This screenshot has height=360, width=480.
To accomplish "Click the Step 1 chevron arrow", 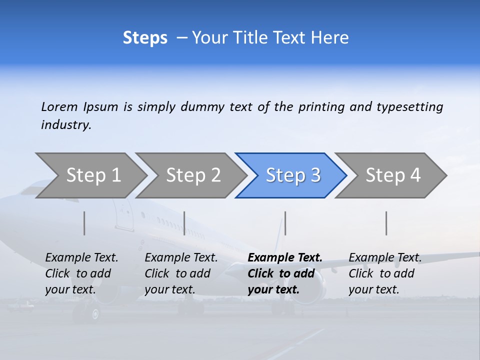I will pyautogui.click(x=92, y=175).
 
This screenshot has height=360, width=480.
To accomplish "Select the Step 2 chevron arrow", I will pyautogui.click(x=192, y=175).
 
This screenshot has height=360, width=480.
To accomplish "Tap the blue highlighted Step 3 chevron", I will pyautogui.click(x=292, y=175).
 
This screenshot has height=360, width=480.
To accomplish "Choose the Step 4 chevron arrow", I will pyautogui.click(x=392, y=175).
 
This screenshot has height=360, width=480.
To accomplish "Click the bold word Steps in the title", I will pyautogui.click(x=145, y=38).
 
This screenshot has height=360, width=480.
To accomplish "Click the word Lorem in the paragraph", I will pyautogui.click(x=59, y=106).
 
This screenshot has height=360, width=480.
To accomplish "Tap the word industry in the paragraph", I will pyautogui.click(x=66, y=125).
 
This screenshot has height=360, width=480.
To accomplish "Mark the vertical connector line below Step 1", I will pyautogui.click(x=84, y=223).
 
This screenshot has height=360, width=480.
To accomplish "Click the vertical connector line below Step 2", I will pyautogui.click(x=184, y=223).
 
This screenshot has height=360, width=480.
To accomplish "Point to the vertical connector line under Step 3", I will pyautogui.click(x=285, y=223).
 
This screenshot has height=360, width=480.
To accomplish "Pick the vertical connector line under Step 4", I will pyautogui.click(x=386, y=223).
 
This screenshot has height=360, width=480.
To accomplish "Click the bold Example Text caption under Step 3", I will pyautogui.click(x=285, y=273).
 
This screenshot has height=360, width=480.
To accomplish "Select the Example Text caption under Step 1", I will pyautogui.click(x=81, y=273).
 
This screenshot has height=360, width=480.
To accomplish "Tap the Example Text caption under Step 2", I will pyautogui.click(x=181, y=273).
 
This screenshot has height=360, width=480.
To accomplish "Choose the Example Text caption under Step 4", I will pyautogui.click(x=385, y=273).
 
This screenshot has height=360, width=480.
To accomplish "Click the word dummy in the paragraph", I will pyautogui.click(x=203, y=107).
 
